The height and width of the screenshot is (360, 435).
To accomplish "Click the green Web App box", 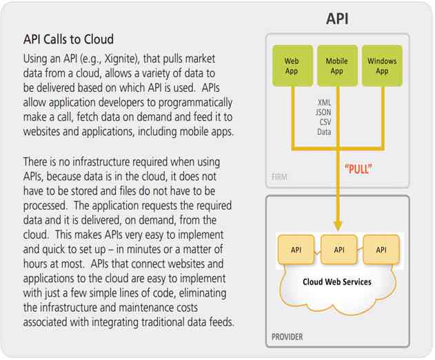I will [x=292, y=66].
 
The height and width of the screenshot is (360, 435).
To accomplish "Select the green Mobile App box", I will [x=337, y=66].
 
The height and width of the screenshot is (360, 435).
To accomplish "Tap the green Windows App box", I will [x=382, y=66].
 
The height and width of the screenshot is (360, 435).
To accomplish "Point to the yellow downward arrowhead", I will [x=338, y=226].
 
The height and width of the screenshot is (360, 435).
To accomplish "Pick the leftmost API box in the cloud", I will [x=296, y=250].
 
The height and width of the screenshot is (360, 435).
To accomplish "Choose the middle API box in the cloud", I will [x=339, y=250].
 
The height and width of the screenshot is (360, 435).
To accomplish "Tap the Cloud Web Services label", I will [x=338, y=281].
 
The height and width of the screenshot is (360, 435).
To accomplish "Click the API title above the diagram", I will [x=337, y=19].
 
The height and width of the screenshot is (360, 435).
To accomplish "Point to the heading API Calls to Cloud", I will [x=68, y=39].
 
